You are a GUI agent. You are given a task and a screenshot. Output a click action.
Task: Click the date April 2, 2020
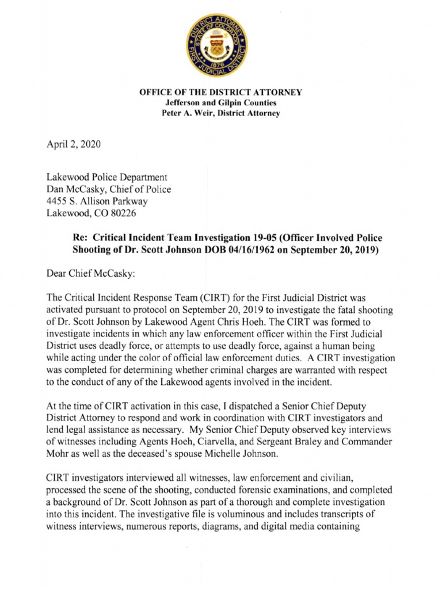coord(74,144)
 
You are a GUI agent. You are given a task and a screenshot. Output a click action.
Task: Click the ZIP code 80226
coord(124,213)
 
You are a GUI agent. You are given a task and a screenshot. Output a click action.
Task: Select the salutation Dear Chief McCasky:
coord(90,274)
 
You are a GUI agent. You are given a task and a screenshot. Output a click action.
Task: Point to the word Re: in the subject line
coord(80,238)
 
